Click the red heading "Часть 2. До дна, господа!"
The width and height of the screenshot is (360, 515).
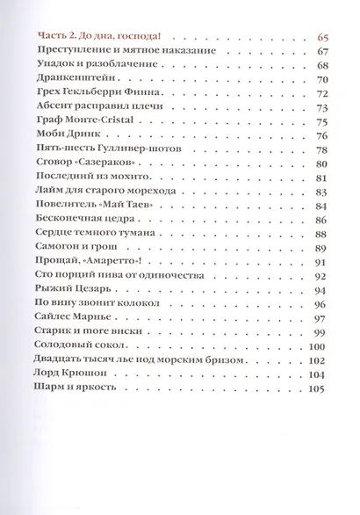tap(104, 38)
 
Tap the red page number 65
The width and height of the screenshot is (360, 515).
tap(320, 38)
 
